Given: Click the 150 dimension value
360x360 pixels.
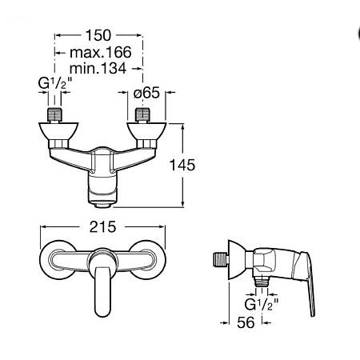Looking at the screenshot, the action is [x=98, y=35].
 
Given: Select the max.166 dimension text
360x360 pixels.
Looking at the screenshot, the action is [x=101, y=52].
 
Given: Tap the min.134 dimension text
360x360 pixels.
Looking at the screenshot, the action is [x=98, y=68].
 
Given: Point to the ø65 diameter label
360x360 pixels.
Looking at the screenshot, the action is [x=146, y=93].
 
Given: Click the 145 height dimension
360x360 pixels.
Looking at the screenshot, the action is [x=182, y=165].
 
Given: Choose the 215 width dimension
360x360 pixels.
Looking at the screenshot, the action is [x=102, y=227].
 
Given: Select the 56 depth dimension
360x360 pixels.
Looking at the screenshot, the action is [x=246, y=322].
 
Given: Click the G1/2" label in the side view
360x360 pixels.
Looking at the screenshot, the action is [x=262, y=304].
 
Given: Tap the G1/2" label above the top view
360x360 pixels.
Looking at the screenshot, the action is [x=55, y=83].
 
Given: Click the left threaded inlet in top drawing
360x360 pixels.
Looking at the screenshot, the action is [x=54, y=115].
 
